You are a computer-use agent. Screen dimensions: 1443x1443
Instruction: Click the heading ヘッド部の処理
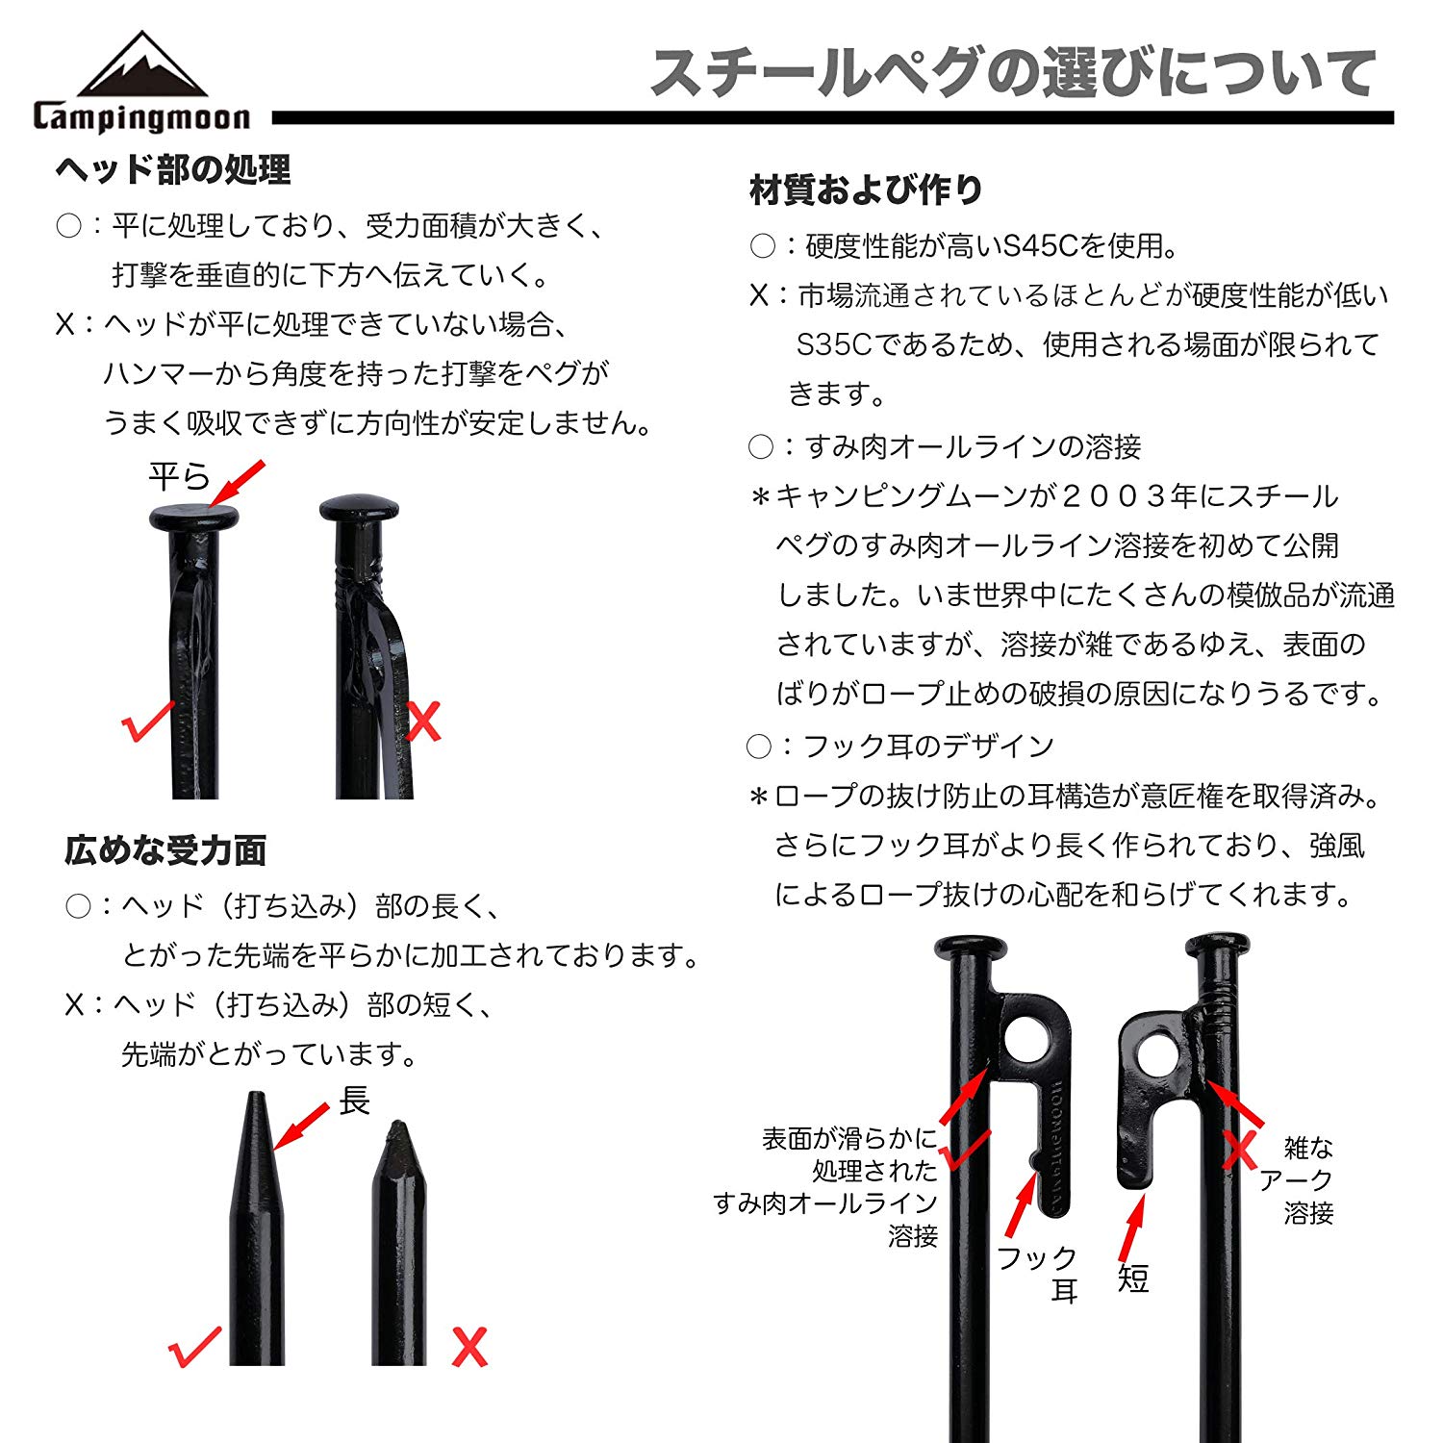[x=173, y=169]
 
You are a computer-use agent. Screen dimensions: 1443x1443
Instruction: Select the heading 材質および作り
[x=866, y=190]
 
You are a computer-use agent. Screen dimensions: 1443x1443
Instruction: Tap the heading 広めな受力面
[x=165, y=849]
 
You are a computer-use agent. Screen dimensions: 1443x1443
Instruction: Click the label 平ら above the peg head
[x=179, y=476]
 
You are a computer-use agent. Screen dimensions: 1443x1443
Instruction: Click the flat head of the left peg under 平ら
[x=194, y=518]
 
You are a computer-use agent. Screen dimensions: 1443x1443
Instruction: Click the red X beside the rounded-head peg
[x=423, y=721]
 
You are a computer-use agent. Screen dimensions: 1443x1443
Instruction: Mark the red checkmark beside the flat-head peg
[x=148, y=721]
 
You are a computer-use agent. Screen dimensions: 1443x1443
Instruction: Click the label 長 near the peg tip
[x=354, y=1100]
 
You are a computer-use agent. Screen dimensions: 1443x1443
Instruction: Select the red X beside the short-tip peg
[x=469, y=1346]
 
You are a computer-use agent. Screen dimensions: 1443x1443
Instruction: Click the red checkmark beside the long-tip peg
[x=194, y=1346]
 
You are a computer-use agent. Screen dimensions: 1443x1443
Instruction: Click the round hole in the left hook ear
[x=1027, y=1042]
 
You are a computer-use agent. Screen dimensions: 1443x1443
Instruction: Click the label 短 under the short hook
[x=1133, y=1278]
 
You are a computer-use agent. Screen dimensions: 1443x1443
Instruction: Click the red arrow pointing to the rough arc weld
[x=1235, y=1103]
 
